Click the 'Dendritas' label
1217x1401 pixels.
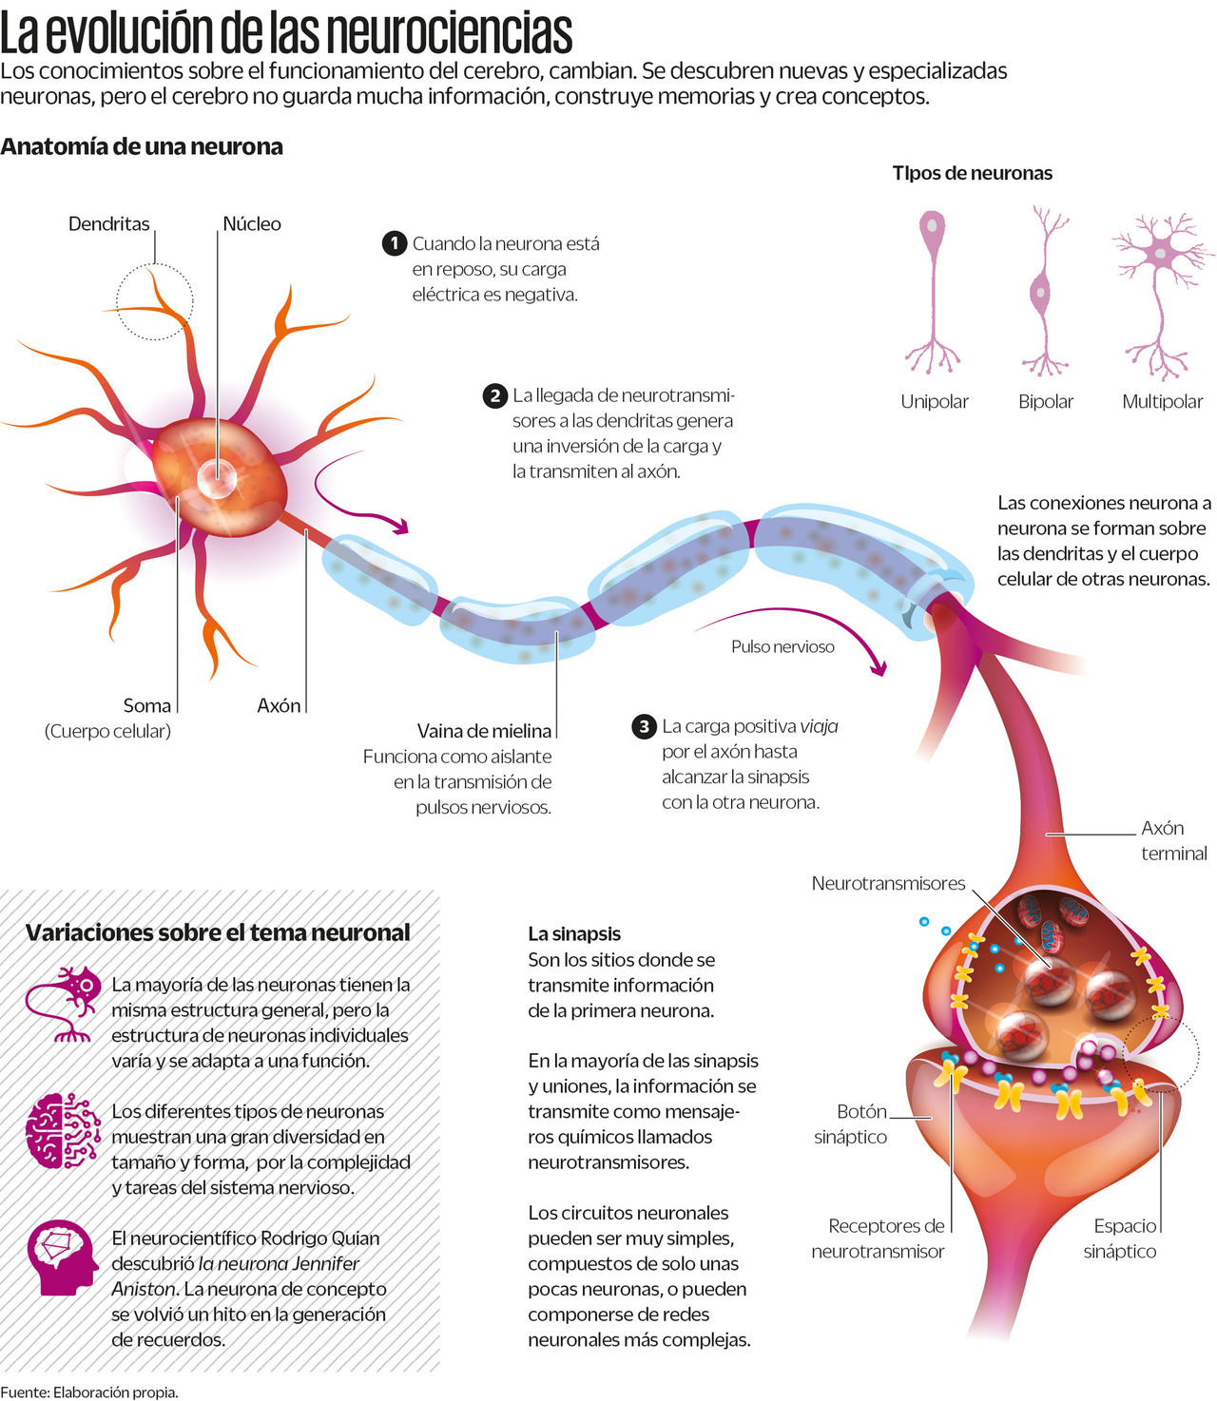(108, 224)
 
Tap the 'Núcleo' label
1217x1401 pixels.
(251, 224)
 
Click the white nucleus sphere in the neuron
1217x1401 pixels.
(217, 478)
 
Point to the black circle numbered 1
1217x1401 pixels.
(395, 243)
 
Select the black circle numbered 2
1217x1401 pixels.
(494, 395)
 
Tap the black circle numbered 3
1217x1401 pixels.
(644, 727)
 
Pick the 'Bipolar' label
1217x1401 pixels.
(1045, 402)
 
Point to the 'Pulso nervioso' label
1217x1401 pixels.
(782, 647)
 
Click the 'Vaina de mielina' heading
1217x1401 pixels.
(484, 731)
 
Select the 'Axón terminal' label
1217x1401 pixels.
(1173, 841)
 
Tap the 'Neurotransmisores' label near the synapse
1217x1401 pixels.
(888, 884)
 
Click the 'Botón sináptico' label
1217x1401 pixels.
(851, 1124)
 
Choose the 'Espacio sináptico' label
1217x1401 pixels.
(1121, 1238)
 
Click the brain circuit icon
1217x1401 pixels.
(63, 1130)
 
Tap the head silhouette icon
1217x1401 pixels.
(63, 1258)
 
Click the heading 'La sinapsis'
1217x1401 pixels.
(573, 934)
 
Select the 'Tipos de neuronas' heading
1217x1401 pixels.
(972, 173)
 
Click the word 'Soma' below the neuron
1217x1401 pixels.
(146, 705)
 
